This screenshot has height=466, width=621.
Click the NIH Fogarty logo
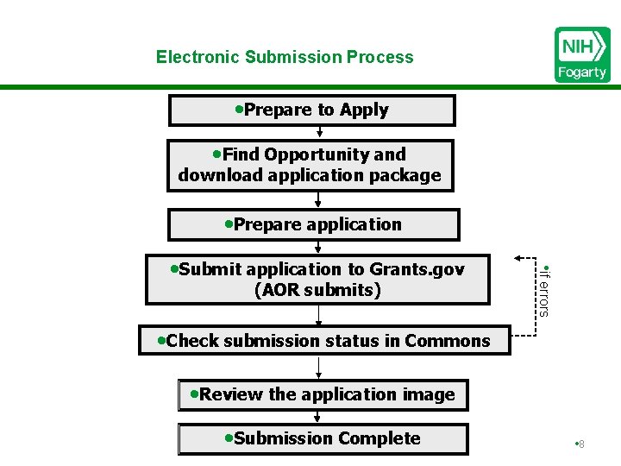point(582,54)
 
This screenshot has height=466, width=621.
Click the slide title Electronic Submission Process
point(285,57)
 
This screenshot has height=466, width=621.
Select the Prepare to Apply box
point(311,110)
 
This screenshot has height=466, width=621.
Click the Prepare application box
point(313,224)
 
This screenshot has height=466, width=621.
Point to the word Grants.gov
point(417,269)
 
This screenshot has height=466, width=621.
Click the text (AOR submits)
point(317,290)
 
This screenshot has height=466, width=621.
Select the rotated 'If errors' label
point(543,290)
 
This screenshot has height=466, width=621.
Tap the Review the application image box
point(323,394)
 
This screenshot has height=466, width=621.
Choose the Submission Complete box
point(323,438)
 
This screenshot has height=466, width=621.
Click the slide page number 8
point(581,444)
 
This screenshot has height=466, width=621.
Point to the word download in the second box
point(215,175)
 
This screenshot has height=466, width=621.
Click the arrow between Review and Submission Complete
point(319,417)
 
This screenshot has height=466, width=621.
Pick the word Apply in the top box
point(364,110)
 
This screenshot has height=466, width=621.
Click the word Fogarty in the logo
point(582,72)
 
